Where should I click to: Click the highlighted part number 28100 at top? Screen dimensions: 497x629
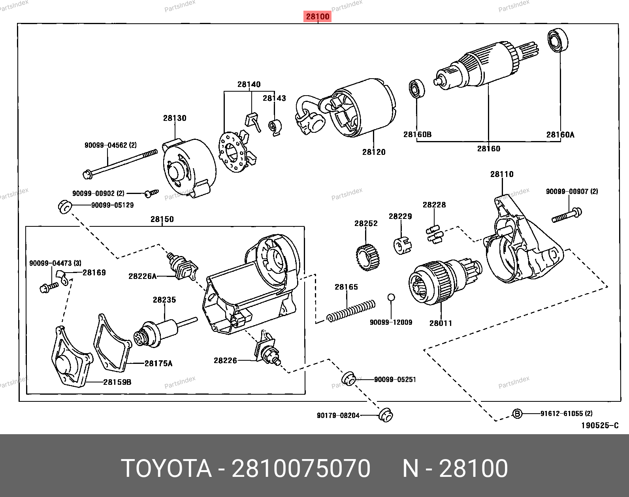point(318,17)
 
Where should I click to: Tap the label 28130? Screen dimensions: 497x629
point(175,118)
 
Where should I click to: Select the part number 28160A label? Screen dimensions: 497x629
point(560,135)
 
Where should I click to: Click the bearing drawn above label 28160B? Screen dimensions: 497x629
point(416,88)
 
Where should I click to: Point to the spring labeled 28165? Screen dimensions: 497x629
point(351,311)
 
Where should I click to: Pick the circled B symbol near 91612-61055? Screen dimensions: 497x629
point(517,414)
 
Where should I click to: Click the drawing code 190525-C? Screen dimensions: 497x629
point(599,425)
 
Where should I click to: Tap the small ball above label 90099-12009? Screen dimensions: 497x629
point(391,297)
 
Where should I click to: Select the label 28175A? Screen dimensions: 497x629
point(158,363)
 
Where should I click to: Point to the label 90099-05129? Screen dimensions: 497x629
point(113,205)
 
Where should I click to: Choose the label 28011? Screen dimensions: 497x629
point(441,323)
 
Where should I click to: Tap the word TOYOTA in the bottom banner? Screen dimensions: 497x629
point(166,469)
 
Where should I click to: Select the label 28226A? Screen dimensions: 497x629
point(142,276)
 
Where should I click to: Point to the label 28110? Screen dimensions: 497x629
point(502,174)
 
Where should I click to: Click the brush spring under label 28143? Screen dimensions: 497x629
point(274,127)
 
